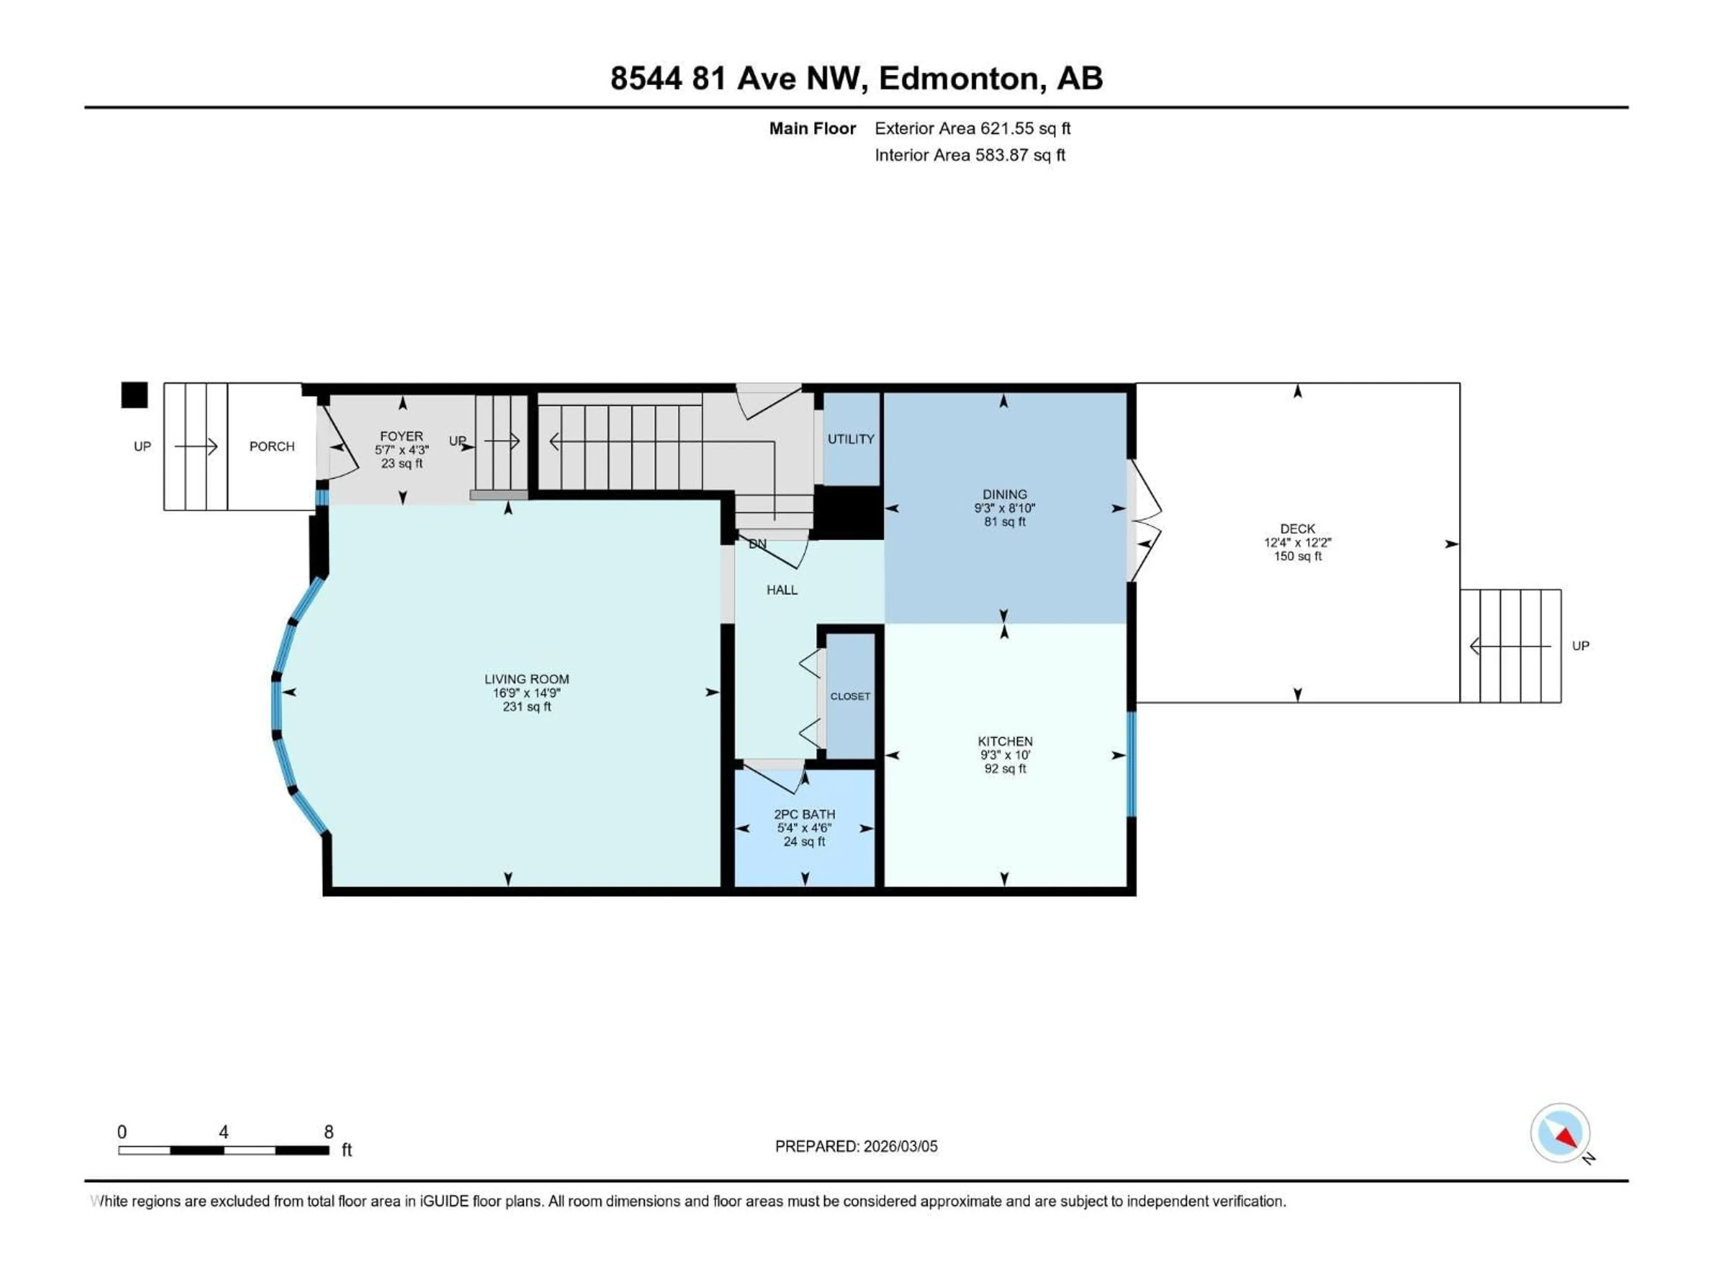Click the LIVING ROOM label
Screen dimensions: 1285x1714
(526, 679)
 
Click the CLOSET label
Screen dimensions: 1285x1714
(850, 696)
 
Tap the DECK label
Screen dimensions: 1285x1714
(1297, 529)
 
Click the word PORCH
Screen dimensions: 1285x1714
(272, 447)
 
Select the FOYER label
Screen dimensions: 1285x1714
(401, 436)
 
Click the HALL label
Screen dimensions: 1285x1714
(782, 590)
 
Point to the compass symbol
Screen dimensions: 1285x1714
(1560, 1133)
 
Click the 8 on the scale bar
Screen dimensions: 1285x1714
(329, 1132)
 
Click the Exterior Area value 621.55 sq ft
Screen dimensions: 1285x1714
(1024, 128)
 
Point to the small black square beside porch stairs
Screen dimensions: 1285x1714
(134, 395)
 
